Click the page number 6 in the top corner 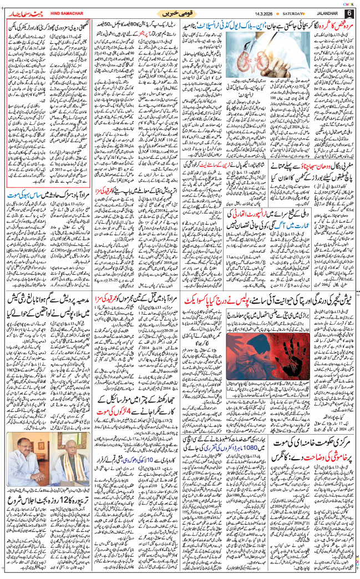[349, 12]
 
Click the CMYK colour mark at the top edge [350, 3]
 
